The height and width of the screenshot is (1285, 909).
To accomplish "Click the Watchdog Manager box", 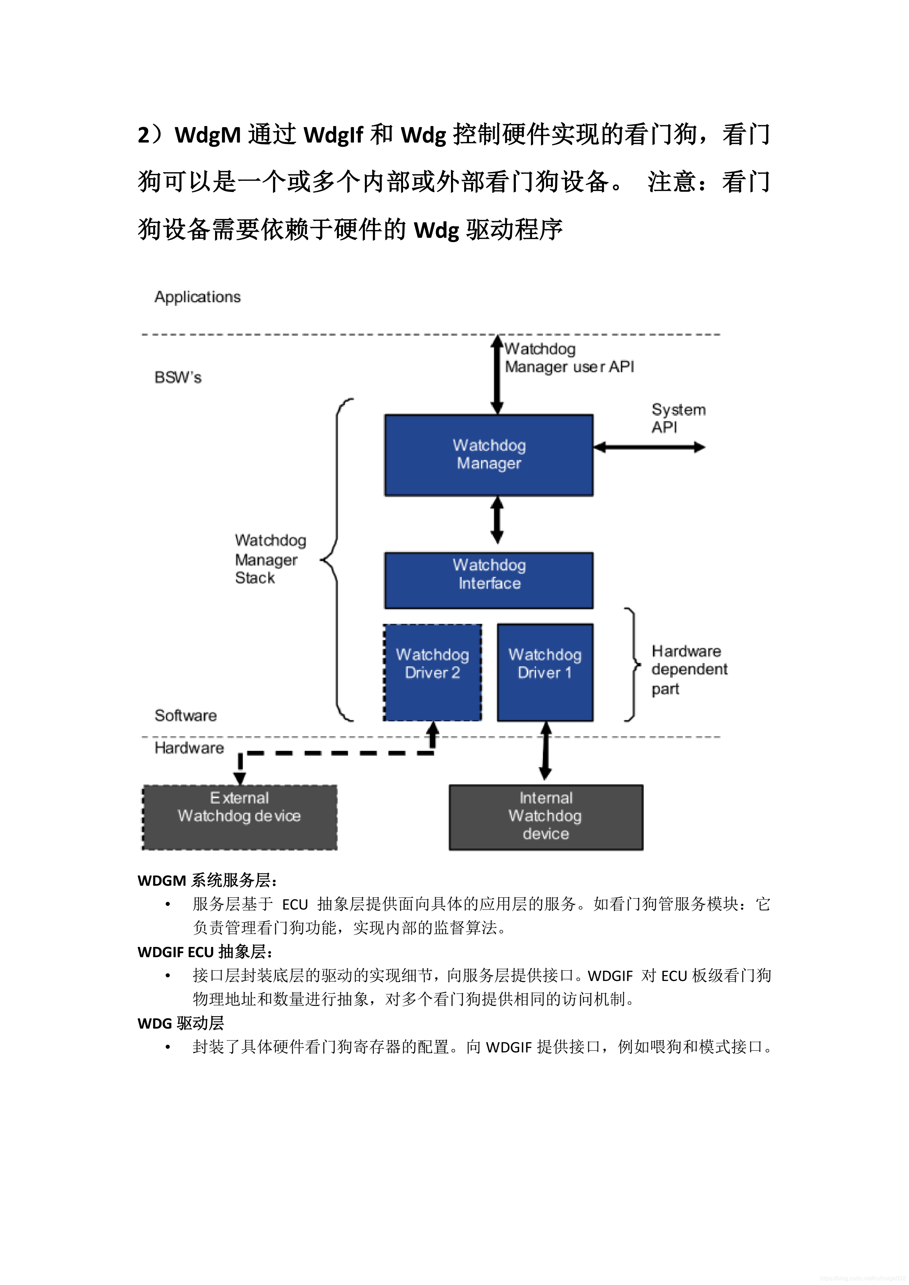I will (489, 455).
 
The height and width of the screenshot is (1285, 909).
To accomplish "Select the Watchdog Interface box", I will (489, 580).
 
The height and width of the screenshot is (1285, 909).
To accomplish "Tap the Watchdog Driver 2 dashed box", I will (432, 671).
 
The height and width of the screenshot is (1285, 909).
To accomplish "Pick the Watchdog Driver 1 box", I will (544, 671).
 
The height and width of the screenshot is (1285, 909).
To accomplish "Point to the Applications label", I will (197, 297).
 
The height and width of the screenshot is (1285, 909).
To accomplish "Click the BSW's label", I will (177, 377).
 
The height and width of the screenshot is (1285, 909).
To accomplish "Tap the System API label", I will (678, 418).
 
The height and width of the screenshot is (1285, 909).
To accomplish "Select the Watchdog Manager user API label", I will (568, 358).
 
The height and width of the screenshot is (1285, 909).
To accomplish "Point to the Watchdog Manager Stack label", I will (270, 559).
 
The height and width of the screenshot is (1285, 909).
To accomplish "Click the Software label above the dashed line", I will (185, 715).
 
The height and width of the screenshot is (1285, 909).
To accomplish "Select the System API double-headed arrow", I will (649, 447).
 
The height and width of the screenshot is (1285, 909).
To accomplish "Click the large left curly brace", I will (337, 560).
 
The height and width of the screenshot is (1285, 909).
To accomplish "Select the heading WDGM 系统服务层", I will (207, 880).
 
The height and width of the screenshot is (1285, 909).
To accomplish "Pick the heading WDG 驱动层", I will (180, 1023).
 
